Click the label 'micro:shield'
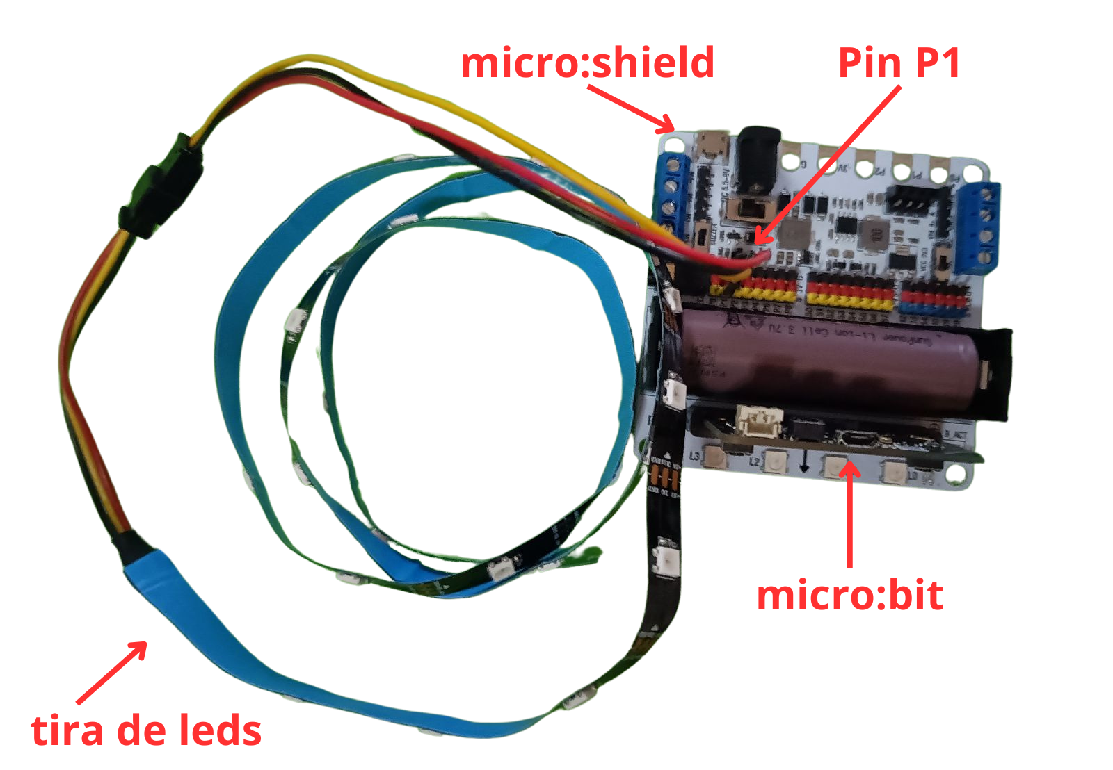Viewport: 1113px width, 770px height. pyautogui.click(x=588, y=63)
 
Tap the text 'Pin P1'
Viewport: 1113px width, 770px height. pyautogui.click(x=899, y=63)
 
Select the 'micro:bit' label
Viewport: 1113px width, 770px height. pyautogui.click(x=849, y=596)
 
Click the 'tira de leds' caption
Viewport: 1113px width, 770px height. pyautogui.click(x=146, y=730)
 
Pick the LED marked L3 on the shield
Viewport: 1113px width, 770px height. pyautogui.click(x=715, y=457)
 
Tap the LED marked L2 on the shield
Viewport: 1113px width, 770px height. pyautogui.click(x=774, y=461)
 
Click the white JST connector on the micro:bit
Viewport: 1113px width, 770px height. pyautogui.click(x=760, y=421)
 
